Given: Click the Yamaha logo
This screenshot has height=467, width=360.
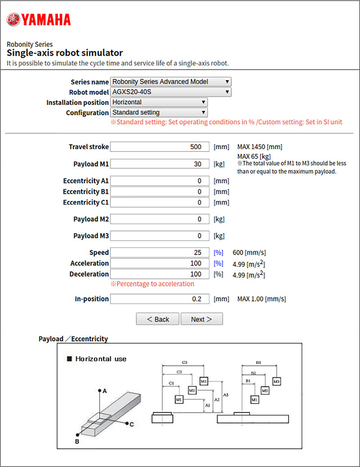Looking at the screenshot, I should (38, 19).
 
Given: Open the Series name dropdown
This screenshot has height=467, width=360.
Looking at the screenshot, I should (171, 82).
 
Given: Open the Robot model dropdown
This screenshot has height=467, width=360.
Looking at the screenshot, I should (171, 92).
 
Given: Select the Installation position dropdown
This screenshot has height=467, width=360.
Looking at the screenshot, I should (159, 102).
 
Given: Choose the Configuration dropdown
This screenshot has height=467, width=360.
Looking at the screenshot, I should (159, 112).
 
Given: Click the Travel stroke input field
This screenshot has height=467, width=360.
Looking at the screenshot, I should (159, 147).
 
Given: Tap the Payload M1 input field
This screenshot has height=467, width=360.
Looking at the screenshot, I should (159, 164).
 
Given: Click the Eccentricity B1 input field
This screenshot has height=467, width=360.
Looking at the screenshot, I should (159, 192).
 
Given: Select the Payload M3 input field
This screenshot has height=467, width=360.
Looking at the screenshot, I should (159, 236).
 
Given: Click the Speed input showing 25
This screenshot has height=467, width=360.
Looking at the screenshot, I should (159, 252).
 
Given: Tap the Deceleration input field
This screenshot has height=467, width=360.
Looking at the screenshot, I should (159, 274).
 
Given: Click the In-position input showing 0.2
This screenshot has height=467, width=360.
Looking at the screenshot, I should (159, 299).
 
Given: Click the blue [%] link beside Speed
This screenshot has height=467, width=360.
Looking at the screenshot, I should (219, 252).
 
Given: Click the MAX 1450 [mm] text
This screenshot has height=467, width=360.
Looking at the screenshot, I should (260, 147).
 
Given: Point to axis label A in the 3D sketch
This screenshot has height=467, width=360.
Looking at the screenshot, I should (105, 391).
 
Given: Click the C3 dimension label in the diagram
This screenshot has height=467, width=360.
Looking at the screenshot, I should (185, 362).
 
